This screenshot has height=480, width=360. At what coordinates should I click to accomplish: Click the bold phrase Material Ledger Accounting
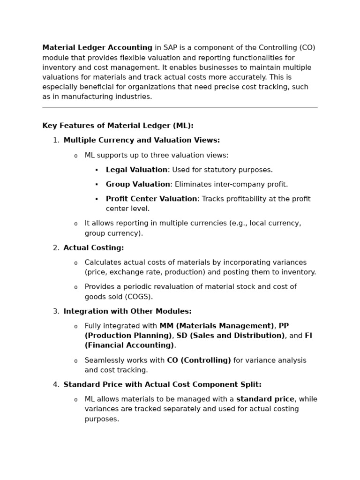point(97,48)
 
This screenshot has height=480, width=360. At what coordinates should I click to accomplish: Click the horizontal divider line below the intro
point(180,108)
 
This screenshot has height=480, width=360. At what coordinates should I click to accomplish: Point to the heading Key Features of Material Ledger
point(118,126)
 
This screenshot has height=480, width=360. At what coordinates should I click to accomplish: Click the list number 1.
point(55,140)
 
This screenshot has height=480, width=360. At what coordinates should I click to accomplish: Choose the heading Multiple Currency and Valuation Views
point(142,140)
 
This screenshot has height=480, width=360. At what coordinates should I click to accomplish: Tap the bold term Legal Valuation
point(136,170)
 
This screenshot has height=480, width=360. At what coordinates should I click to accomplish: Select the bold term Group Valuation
point(138,184)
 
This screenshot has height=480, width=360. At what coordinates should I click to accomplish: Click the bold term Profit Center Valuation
point(151,199)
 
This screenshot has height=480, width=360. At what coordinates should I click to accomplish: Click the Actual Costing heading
point(94,248)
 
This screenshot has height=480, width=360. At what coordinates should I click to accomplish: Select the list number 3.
point(55,311)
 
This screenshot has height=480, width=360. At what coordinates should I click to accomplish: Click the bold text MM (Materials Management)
point(217,326)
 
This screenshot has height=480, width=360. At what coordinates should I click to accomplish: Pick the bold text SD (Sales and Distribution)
point(230,336)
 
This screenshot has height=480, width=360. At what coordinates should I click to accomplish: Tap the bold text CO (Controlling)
point(199,360)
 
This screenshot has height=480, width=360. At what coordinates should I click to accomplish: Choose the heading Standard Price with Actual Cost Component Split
point(162,384)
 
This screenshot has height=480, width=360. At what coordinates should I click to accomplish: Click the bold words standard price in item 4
point(265,399)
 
